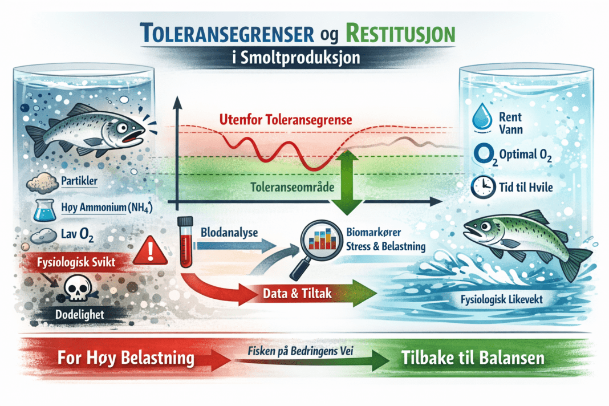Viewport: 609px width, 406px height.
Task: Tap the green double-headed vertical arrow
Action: (x=347, y=182)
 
